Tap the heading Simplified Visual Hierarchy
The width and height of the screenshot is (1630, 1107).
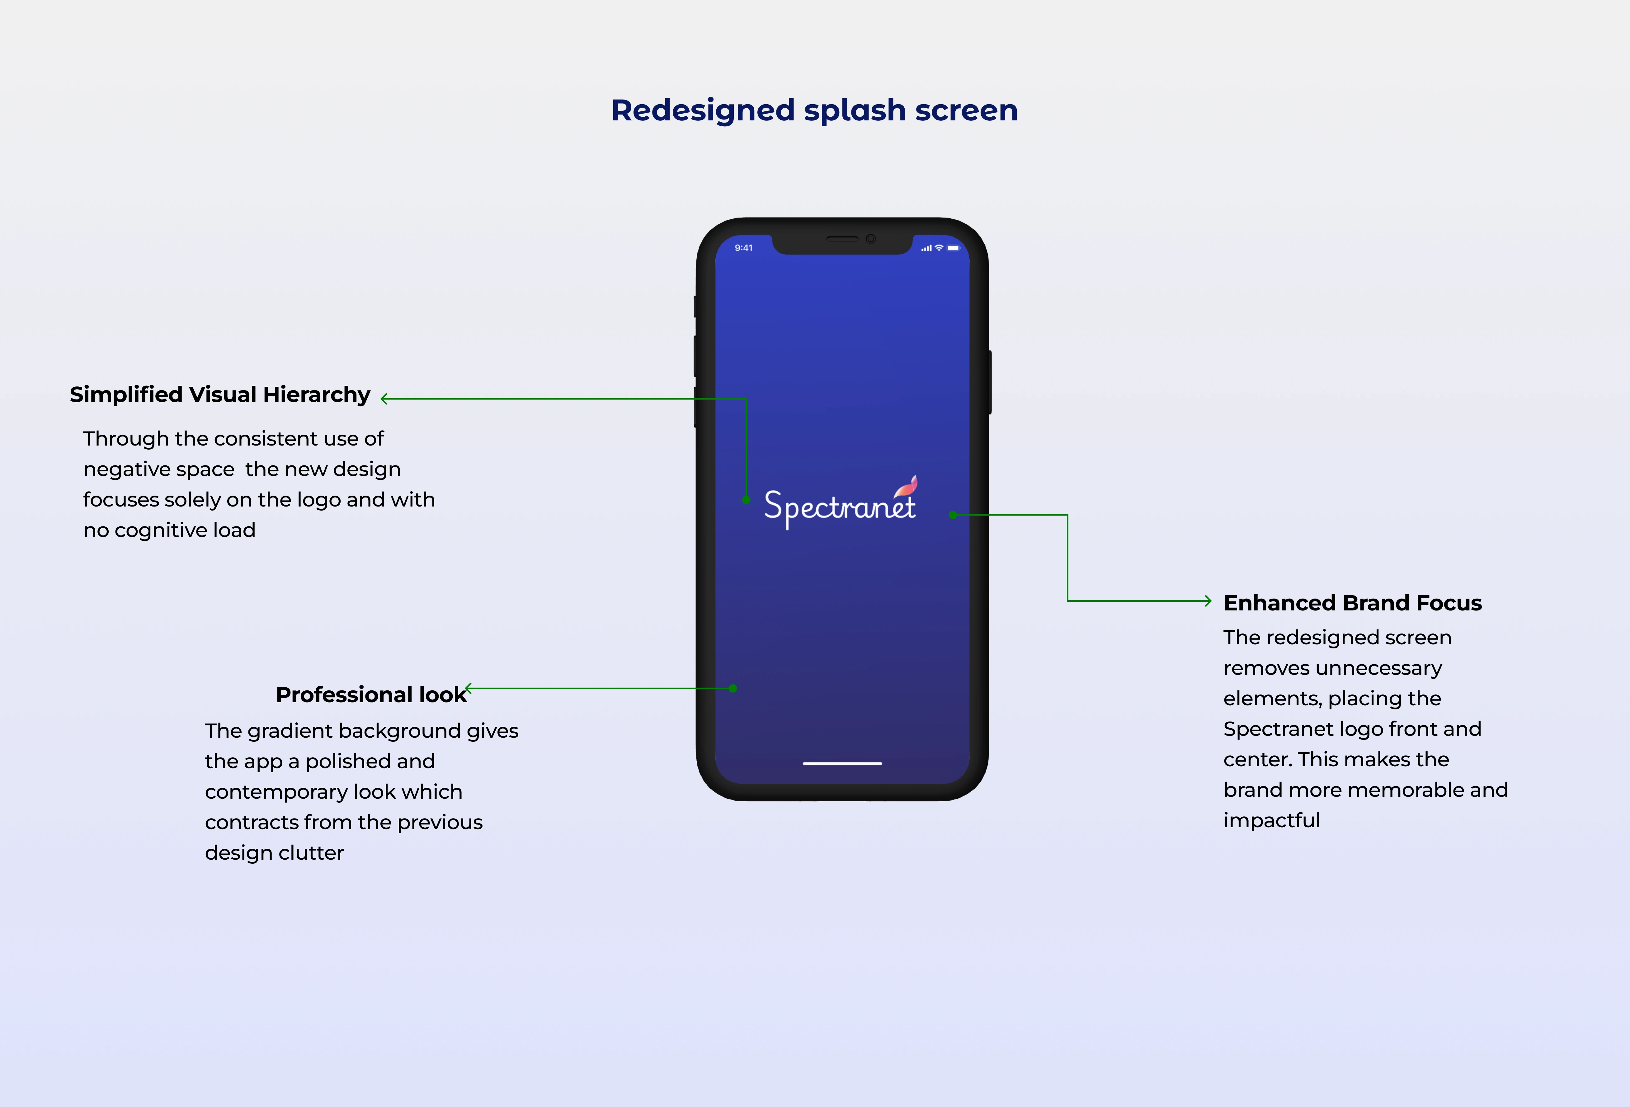[219, 395]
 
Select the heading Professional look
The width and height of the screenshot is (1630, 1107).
[371, 695]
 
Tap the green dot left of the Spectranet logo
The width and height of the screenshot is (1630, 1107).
[746, 500]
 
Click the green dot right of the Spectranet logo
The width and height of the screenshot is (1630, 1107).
[953, 515]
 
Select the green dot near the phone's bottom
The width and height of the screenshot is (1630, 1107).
[733, 689]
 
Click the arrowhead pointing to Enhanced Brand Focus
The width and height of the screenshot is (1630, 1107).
[1208, 601]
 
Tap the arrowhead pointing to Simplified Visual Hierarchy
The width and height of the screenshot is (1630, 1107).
[384, 399]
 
